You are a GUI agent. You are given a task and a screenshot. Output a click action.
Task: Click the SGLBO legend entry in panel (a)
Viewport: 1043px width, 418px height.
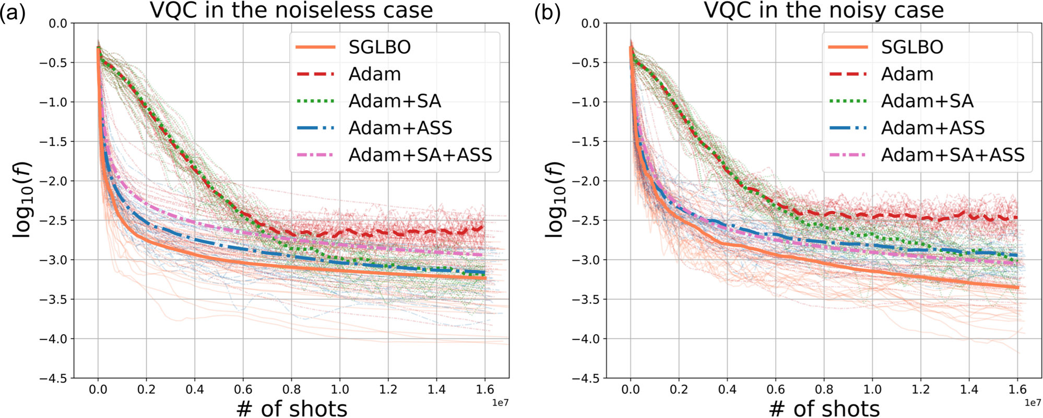coord(380,47)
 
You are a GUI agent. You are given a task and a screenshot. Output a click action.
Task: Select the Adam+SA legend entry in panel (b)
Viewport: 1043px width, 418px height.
coord(927,101)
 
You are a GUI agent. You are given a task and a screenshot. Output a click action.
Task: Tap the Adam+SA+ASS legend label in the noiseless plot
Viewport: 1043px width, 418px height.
coord(420,155)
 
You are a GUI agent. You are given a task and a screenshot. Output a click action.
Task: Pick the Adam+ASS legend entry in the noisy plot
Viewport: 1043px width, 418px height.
coord(932,128)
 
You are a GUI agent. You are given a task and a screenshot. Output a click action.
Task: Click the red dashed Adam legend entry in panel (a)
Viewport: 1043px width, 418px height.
coord(374,75)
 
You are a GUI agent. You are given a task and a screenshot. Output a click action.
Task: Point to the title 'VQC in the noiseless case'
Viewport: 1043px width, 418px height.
coord(291,10)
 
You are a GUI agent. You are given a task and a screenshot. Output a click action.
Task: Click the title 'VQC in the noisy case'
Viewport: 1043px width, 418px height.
coord(824,10)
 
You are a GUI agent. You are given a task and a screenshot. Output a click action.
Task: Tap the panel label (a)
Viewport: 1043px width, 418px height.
coord(13,13)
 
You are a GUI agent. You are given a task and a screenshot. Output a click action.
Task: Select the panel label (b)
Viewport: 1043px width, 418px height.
coord(547,13)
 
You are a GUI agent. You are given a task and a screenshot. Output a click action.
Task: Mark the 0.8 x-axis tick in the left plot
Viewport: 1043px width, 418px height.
coord(291,389)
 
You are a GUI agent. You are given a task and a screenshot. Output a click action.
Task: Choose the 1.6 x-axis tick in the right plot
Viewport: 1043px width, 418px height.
coord(1017,389)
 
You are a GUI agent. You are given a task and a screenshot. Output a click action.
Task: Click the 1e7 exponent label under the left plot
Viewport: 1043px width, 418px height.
coord(500,403)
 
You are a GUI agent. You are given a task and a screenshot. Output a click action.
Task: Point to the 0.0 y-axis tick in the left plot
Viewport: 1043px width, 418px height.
coord(57,23)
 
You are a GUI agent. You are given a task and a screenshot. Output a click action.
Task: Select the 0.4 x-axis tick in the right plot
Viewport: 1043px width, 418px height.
coord(727,389)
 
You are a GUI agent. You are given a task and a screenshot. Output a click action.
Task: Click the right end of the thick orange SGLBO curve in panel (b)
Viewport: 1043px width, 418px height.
coord(1017,287)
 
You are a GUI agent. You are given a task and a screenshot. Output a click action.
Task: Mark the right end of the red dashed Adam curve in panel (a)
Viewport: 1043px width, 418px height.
coord(484,227)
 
